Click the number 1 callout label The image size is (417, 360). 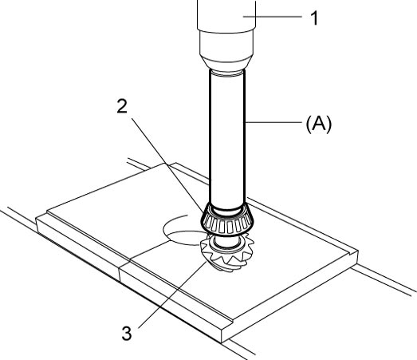[x=315, y=18]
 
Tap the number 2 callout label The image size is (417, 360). [x=122, y=106]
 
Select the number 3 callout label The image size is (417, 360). [x=127, y=334]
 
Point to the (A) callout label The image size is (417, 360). [x=319, y=124]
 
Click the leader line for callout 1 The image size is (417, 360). [x=273, y=17]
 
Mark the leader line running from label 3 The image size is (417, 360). [x=172, y=295]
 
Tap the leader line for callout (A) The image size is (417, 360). [x=273, y=122]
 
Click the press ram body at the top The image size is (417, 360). [x=226, y=16]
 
